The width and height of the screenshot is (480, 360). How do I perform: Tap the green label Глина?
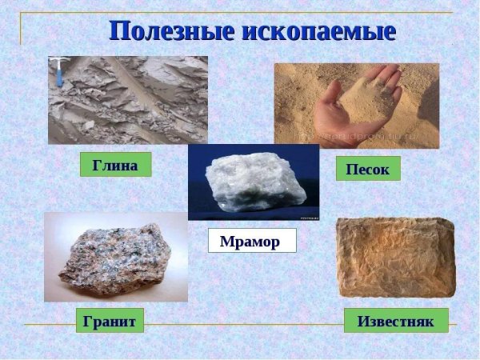[x=115, y=165]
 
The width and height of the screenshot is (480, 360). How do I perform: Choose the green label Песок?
[x=367, y=169]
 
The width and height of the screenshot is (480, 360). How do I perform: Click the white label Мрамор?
[x=251, y=240]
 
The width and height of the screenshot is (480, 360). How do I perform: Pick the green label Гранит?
[x=110, y=321]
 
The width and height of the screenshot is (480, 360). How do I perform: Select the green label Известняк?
[x=395, y=321]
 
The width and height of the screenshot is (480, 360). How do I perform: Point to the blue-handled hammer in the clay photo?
[x=61, y=72]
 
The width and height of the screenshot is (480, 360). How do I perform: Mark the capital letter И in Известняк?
[x=361, y=321]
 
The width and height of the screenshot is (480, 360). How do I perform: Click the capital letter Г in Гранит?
[x=89, y=321]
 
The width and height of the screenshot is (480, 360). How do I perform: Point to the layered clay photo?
[x=128, y=100]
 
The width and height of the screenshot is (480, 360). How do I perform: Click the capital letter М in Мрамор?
[x=226, y=240]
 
